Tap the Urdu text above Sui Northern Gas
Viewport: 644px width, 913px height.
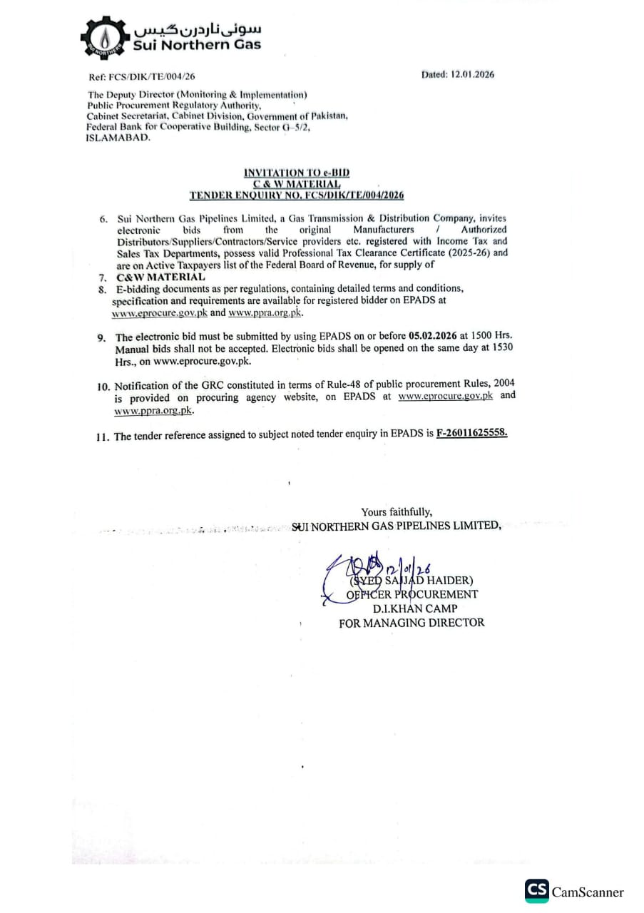point(198,29)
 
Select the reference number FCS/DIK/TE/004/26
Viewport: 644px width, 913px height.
point(150,76)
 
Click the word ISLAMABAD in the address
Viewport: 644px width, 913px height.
point(118,138)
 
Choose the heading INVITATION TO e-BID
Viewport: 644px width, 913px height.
point(297,173)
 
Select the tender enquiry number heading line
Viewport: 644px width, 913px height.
point(297,194)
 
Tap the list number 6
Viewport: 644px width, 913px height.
point(104,219)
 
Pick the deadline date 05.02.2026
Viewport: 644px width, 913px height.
point(434,335)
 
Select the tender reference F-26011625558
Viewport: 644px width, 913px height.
point(471,433)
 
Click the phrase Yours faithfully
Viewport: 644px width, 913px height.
point(396,511)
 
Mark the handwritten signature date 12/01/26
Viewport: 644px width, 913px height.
point(407,568)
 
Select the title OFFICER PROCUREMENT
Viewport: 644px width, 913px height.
point(412,594)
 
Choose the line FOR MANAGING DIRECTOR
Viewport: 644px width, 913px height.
point(412,623)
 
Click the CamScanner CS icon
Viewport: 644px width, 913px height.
point(537,891)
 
